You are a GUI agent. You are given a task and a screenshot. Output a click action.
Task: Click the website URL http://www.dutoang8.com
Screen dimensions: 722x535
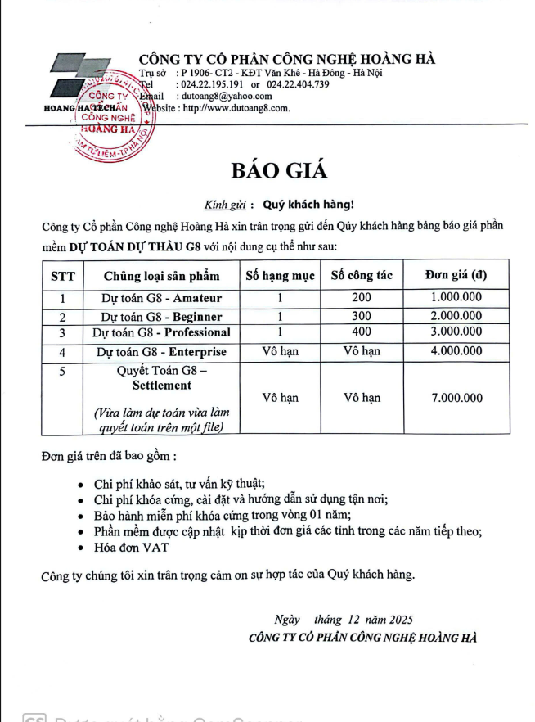[236, 107]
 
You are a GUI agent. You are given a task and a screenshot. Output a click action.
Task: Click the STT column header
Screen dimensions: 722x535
[62, 275]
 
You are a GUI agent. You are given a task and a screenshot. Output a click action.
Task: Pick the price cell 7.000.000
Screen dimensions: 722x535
[456, 399]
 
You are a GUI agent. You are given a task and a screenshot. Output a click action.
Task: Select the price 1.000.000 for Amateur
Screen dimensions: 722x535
[456, 298]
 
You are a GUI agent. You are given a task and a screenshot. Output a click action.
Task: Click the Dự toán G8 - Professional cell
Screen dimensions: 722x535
[160, 332]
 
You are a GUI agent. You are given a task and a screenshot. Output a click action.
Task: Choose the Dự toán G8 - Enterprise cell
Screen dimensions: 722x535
[160, 352]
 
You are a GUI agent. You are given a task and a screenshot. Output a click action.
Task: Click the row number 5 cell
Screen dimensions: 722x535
[62, 371]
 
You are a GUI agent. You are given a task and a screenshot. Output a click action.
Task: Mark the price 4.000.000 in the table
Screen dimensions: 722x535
[456, 352]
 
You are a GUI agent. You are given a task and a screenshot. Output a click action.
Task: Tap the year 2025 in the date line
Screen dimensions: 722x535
[401, 620]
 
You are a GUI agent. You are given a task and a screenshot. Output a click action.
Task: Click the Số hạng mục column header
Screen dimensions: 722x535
[280, 275]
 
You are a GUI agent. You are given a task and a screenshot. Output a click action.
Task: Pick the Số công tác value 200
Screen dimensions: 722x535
[361, 298]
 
